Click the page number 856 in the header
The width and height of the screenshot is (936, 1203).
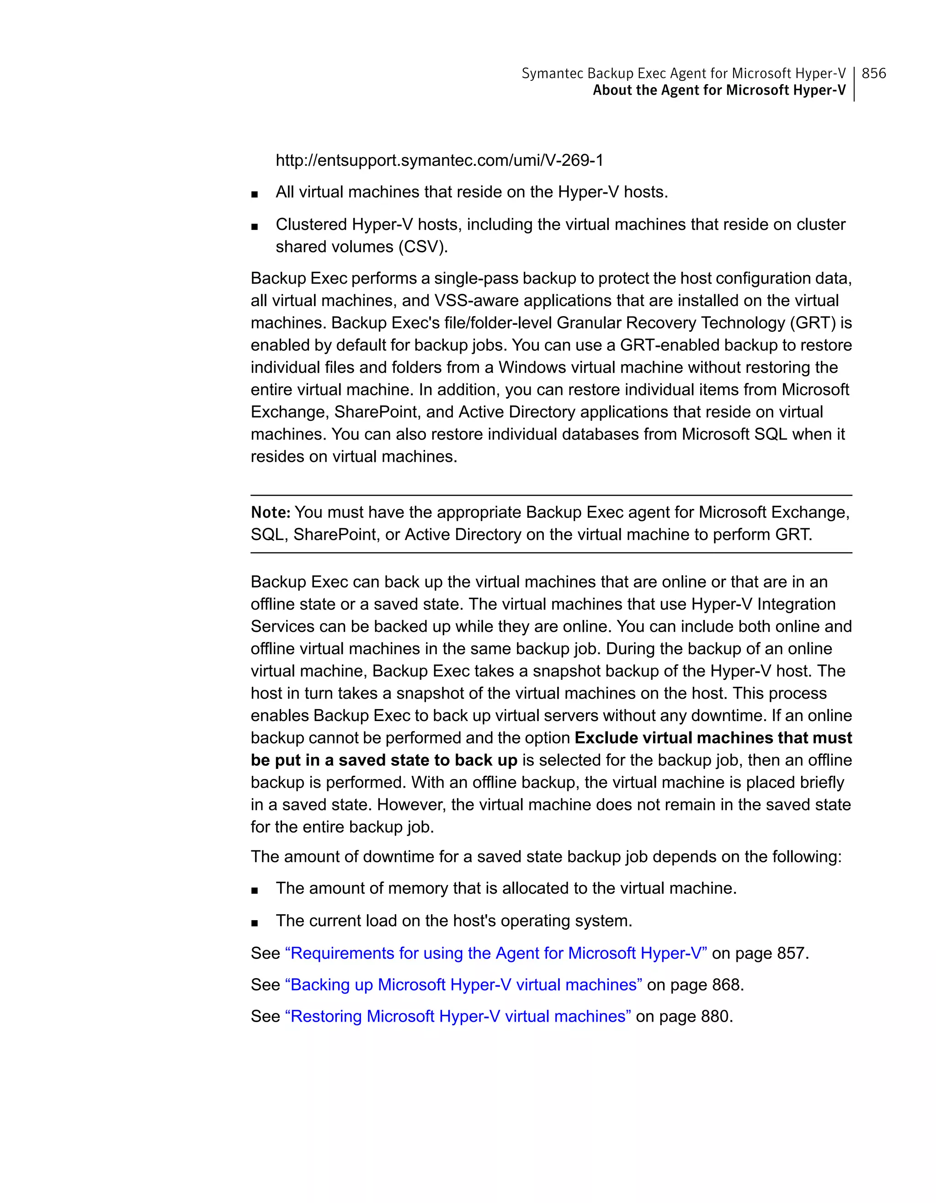pyautogui.click(x=873, y=73)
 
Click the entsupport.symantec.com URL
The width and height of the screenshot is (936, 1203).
pyautogui.click(x=439, y=160)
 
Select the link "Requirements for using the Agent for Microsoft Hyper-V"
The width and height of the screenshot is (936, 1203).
pyautogui.click(x=496, y=953)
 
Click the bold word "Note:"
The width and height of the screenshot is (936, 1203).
pyautogui.click(x=271, y=513)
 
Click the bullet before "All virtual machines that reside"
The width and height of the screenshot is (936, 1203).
pyautogui.click(x=254, y=194)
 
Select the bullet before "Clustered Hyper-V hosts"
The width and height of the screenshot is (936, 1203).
pyautogui.click(x=254, y=226)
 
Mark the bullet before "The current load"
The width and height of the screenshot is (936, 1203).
pyautogui.click(x=254, y=922)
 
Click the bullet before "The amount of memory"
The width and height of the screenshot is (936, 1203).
pyautogui.click(x=254, y=890)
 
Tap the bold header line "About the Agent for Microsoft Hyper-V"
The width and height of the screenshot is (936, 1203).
pyautogui.click(x=718, y=90)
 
